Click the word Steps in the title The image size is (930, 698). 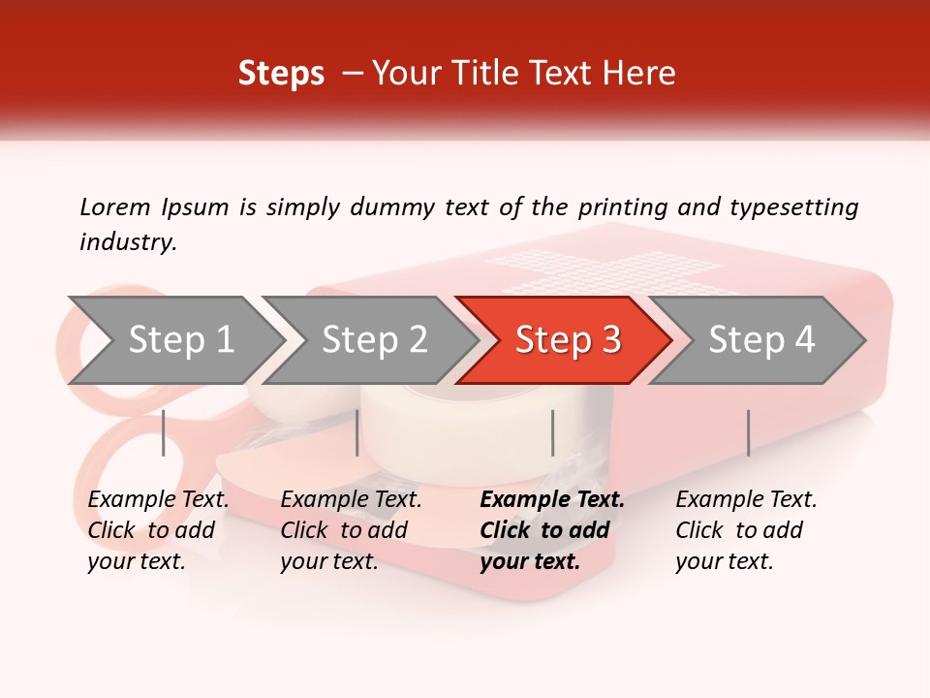click(281, 74)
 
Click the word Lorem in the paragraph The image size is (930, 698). click(114, 206)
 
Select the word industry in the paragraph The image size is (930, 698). click(127, 242)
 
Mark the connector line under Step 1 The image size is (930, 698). click(164, 432)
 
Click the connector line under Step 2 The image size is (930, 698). click(357, 432)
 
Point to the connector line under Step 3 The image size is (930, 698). click(552, 432)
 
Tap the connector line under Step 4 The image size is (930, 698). click(748, 432)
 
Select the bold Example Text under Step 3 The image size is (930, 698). click(552, 500)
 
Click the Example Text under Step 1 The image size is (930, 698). click(158, 500)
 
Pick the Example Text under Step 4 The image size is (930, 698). click(746, 500)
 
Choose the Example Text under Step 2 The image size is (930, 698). click(351, 500)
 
